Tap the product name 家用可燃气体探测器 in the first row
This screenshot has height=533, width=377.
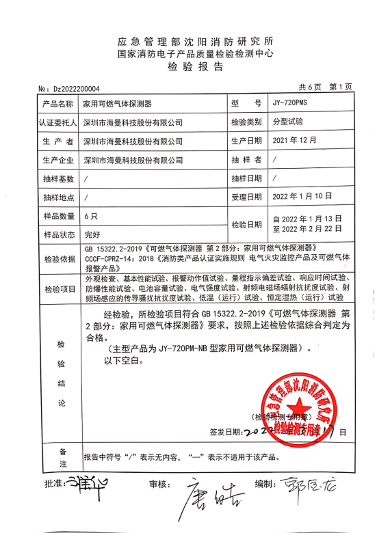(118, 104)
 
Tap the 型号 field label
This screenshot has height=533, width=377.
(246, 104)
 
